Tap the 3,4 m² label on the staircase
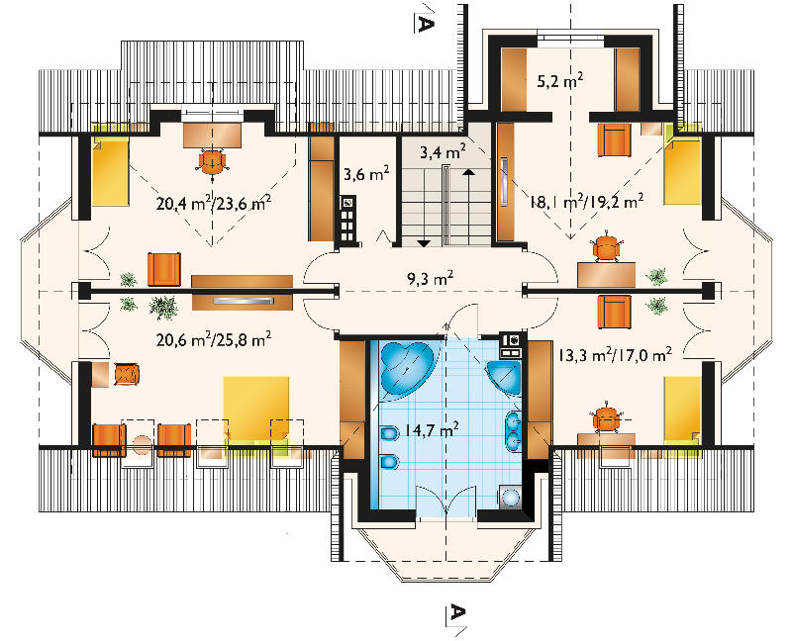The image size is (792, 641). (443, 150)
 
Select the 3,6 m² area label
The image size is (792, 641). (366, 175)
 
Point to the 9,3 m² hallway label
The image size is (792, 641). (431, 278)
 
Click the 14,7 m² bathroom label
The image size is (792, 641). (431, 430)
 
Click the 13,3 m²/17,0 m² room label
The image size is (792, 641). (615, 354)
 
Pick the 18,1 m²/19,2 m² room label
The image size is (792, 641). (586, 202)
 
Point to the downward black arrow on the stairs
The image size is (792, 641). (424, 243)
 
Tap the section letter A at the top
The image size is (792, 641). (425, 24)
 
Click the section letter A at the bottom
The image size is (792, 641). (456, 612)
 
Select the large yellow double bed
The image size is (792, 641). (256, 409)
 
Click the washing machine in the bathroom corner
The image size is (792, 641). (510, 497)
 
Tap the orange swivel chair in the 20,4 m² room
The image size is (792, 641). (212, 161)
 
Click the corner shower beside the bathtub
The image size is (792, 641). (504, 377)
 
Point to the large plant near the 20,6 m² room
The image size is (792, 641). (163, 307)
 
